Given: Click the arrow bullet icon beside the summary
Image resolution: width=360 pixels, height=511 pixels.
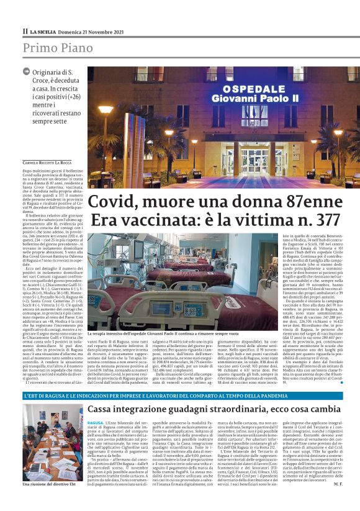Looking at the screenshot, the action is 26,72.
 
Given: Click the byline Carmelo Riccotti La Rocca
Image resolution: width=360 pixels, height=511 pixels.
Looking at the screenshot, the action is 52,163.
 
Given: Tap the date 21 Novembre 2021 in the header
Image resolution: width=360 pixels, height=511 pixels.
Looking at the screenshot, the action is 94,31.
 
